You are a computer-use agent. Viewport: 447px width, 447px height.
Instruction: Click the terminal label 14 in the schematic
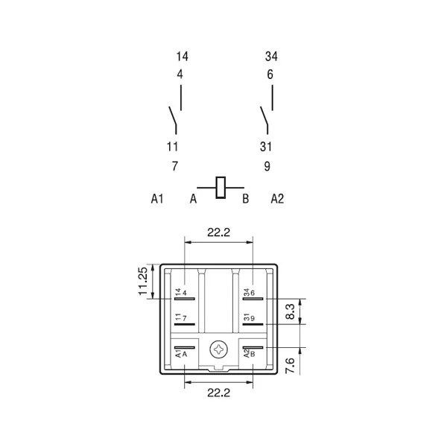pos(183,57)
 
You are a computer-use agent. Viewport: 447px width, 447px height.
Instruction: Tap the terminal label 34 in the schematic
pos(271,57)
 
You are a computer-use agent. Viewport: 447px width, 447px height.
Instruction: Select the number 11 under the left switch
pos(172,147)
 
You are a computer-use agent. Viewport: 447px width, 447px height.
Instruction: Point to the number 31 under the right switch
pos(266,147)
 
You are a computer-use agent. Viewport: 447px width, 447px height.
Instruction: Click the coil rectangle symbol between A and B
pos(221,188)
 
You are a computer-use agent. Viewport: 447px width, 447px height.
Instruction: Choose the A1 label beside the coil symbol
pos(157,199)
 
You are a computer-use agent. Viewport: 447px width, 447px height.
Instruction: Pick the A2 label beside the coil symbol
pos(277,199)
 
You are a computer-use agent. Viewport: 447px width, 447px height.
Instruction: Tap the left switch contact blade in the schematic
pos(173,115)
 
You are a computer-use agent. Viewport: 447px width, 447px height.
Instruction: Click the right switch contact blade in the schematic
pos(264,115)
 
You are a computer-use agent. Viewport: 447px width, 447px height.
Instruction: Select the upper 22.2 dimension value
pos(218,232)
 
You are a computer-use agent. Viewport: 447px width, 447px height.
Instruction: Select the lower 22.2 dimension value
pos(218,393)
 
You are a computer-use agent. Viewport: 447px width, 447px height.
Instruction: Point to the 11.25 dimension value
pos(143,281)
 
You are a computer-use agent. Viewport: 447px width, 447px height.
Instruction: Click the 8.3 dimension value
pos(290,311)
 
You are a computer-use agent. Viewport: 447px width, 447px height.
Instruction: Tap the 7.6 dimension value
pos(290,366)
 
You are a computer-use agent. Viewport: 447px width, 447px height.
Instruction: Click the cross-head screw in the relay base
pos(219,349)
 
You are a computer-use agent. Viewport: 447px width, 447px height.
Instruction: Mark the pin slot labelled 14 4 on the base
pos(185,299)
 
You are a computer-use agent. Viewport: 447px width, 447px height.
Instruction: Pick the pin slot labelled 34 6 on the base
pos(253,299)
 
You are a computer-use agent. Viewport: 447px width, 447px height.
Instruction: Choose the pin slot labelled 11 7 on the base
pos(185,324)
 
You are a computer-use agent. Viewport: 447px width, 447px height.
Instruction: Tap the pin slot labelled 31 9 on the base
pos(253,324)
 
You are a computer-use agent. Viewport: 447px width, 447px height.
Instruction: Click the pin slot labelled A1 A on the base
pos(185,347)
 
